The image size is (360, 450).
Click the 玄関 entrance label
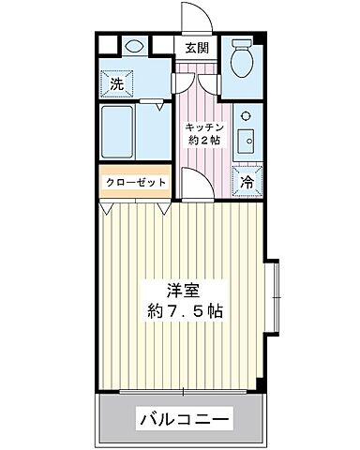197,50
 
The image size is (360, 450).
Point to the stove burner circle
246,115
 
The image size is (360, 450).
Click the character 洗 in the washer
117,82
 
